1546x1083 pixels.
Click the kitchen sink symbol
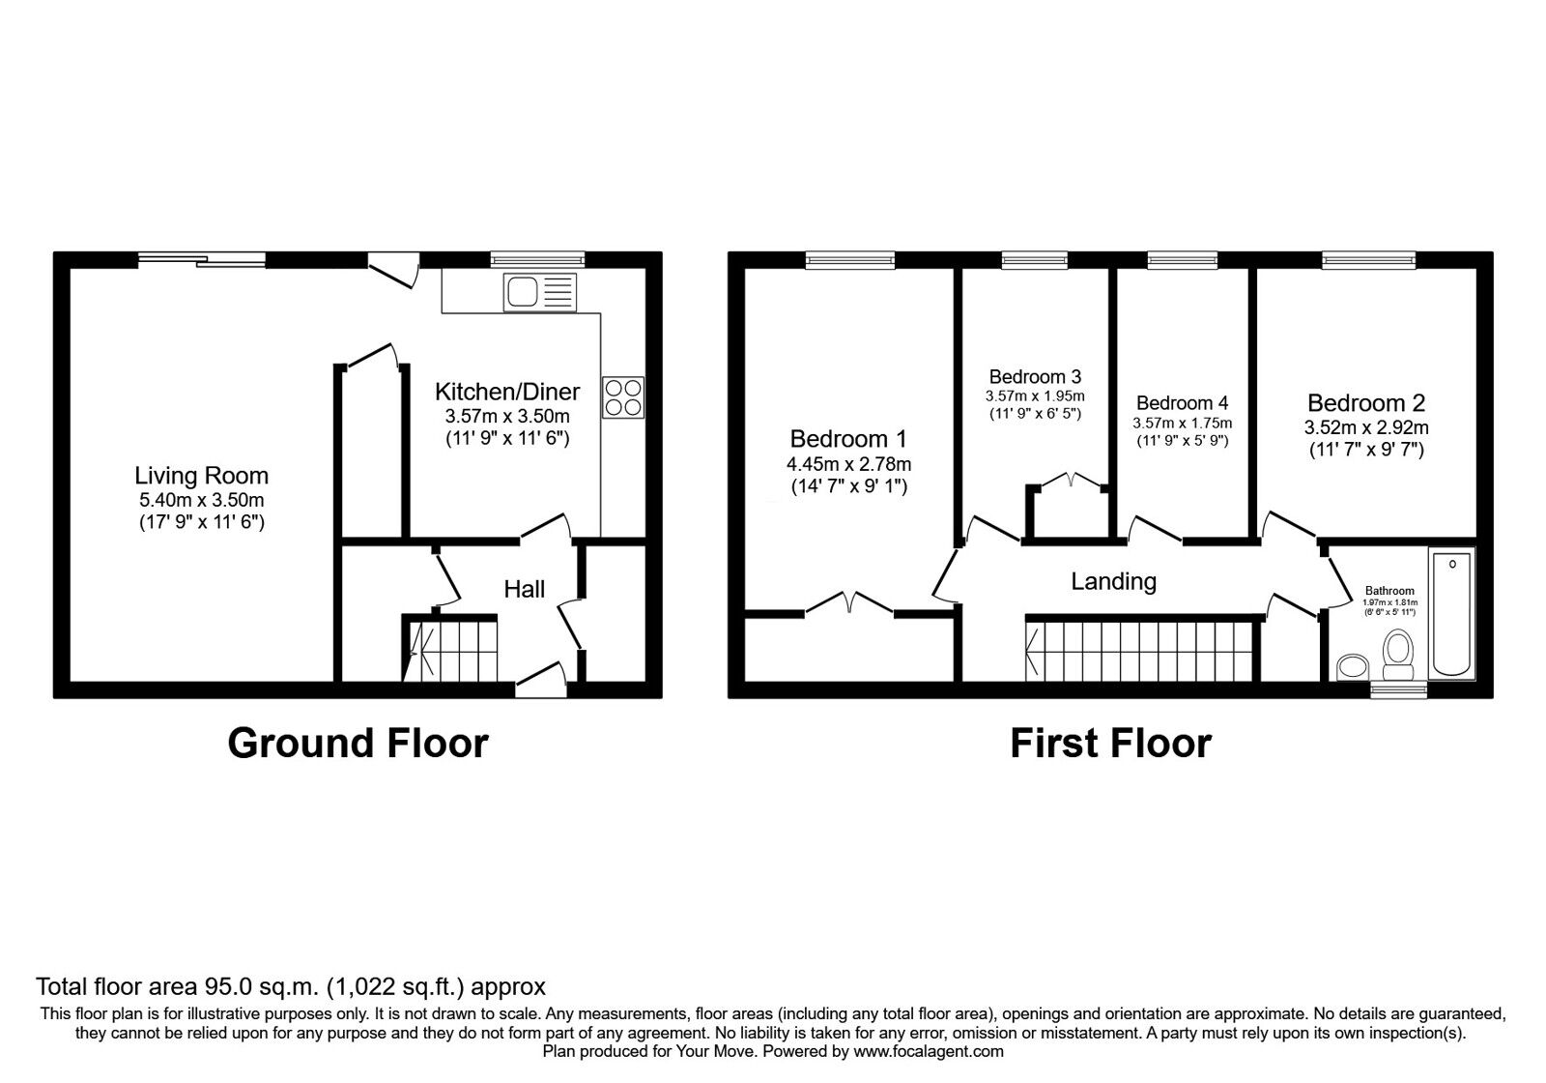pyautogui.click(x=539, y=292)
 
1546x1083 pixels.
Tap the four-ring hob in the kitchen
pyautogui.click(x=623, y=397)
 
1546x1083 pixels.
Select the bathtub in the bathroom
pyautogui.click(x=1452, y=613)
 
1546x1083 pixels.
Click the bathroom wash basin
pyautogui.click(x=1354, y=666)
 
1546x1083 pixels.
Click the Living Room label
pyautogui.click(x=201, y=476)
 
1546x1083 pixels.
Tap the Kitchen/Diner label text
pyautogui.click(x=507, y=392)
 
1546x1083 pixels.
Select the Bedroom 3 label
pyautogui.click(x=1035, y=376)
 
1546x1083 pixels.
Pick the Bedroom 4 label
pyautogui.click(x=1182, y=403)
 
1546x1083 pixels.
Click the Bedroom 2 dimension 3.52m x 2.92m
pyautogui.click(x=1366, y=427)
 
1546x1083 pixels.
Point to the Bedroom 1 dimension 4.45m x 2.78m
pyautogui.click(x=848, y=464)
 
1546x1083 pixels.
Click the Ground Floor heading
pyautogui.click(x=358, y=743)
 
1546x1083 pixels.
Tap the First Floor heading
pyautogui.click(x=1110, y=743)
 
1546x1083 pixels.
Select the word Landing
pyautogui.click(x=1113, y=581)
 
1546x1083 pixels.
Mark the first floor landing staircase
pyautogui.click(x=1139, y=652)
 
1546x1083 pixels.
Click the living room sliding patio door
pyautogui.click(x=201, y=258)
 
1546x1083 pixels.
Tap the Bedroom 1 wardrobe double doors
pyautogui.click(x=848, y=602)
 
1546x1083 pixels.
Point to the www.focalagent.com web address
pyautogui.click(x=929, y=1051)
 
